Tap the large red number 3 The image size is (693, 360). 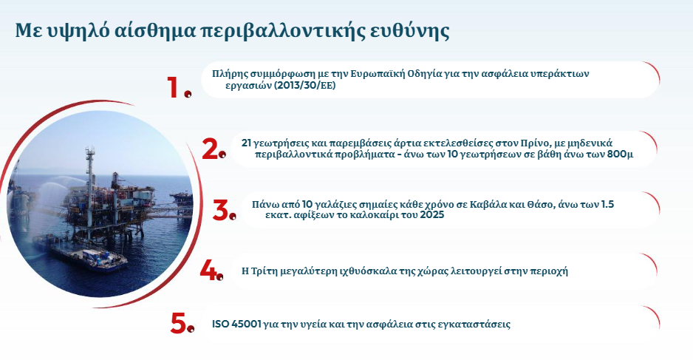tap(221, 210)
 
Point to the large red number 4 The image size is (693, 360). tap(209, 269)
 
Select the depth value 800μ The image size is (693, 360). tap(620, 155)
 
